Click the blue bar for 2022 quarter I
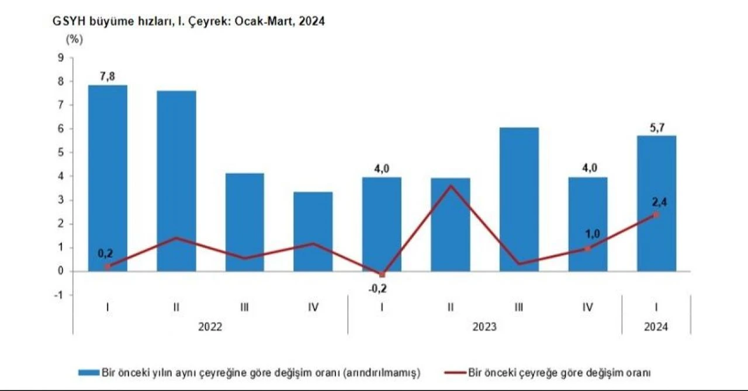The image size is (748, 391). pos(108,178)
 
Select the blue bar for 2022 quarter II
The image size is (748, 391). pos(176,181)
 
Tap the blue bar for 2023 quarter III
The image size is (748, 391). pos(519,199)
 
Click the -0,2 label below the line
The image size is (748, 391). pos(382,288)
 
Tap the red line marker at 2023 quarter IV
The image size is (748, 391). pos(587,249)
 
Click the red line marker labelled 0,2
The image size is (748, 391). pos(108,267)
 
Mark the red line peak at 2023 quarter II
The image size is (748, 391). pos(451,186)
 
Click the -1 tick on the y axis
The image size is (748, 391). pos(58,295)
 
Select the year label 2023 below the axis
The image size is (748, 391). pos(484,327)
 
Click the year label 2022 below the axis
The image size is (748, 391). pos(210,327)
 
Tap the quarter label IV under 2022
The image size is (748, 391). pos(313,307)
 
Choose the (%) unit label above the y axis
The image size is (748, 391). pos(74,40)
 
